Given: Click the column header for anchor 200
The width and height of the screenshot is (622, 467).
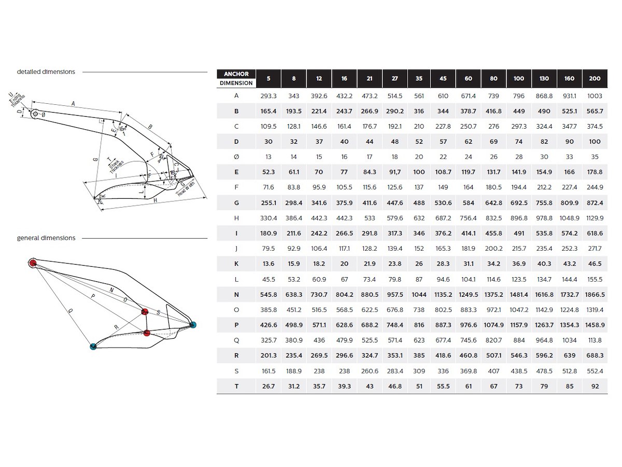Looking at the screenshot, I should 595,78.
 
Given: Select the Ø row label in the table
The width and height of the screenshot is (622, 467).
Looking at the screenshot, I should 236,157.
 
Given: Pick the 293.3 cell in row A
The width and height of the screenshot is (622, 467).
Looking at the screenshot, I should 268,96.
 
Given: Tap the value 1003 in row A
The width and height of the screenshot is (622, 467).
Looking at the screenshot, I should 595,96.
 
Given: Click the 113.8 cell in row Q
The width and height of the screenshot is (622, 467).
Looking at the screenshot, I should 595,340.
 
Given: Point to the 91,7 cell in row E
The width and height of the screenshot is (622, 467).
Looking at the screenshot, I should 395,172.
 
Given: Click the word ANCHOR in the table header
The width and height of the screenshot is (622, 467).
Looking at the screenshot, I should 236,74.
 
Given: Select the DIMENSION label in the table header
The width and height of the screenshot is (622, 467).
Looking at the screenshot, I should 236,83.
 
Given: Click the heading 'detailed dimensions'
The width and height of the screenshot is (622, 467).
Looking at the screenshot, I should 46,72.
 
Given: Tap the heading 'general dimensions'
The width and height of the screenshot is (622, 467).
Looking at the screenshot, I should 46,238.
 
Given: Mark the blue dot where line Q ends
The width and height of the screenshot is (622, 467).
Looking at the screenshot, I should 93,346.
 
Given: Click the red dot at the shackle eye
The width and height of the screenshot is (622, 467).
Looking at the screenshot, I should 33,263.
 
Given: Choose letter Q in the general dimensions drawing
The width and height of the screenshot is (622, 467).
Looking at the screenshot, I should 70,310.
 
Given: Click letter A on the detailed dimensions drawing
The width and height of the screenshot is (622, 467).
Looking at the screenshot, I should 74,104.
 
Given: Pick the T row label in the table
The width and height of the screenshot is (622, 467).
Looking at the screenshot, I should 236,386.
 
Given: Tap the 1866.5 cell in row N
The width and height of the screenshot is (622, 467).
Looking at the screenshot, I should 595,294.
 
